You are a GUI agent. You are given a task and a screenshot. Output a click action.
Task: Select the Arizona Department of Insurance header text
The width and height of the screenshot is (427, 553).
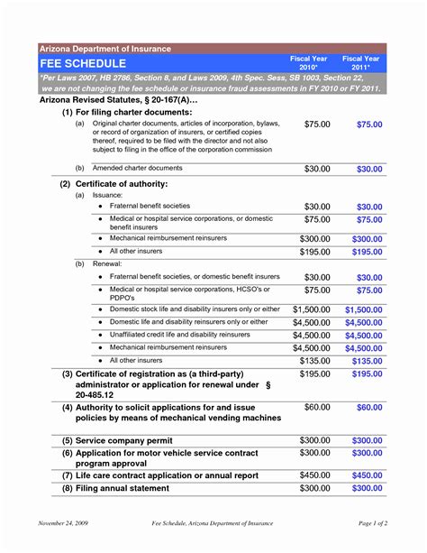[x=99, y=47]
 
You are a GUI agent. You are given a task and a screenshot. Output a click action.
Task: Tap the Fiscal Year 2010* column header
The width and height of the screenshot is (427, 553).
[x=308, y=63]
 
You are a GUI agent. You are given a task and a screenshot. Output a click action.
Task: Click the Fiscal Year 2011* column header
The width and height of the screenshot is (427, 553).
[x=360, y=63]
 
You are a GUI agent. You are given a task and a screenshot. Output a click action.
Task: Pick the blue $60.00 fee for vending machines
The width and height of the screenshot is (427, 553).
[x=368, y=408]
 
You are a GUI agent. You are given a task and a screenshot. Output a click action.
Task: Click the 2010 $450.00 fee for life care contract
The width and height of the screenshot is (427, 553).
[x=314, y=475]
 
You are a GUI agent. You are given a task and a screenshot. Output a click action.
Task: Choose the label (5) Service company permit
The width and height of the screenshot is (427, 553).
[x=118, y=440]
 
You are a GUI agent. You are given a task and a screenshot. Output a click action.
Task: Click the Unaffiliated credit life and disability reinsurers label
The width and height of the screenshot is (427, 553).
[x=180, y=335]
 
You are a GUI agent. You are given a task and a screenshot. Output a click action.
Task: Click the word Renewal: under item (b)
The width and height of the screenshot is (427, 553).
[x=112, y=264]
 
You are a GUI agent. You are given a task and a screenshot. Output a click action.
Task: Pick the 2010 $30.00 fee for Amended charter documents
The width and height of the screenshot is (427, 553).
[x=317, y=169]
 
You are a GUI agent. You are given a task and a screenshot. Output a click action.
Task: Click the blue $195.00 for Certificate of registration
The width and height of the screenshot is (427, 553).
[x=368, y=373]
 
